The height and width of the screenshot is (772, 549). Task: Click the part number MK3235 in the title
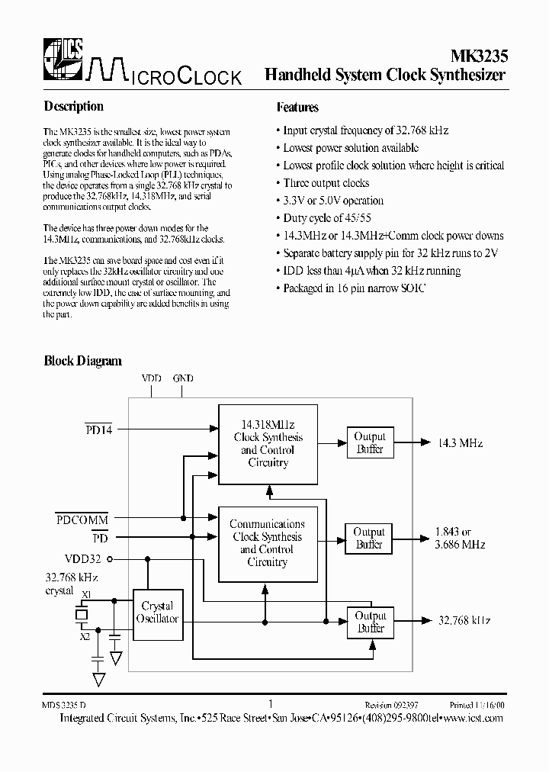pos(477,56)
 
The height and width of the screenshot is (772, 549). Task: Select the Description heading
pos(73,107)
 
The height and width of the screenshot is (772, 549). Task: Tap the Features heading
pos(297,108)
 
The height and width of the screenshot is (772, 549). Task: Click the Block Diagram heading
pos(82,361)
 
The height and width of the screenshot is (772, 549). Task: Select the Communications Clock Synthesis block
pos(267,543)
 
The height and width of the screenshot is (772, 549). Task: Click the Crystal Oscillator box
pos(157,612)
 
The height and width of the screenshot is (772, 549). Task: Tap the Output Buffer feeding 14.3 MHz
pos(370,442)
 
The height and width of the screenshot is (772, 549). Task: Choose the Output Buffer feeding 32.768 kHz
pos(371,622)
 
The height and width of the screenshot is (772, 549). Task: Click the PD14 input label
pos(98,430)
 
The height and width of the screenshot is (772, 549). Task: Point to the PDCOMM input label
pos(82,519)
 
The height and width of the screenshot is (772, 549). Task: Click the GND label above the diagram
pos(183,378)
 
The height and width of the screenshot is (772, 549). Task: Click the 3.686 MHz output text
pos(460,545)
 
